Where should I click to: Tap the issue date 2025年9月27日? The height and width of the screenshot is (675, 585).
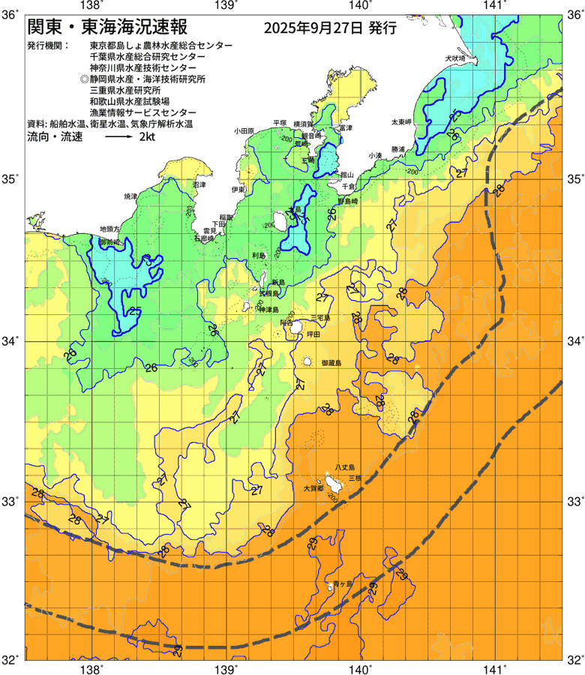313,29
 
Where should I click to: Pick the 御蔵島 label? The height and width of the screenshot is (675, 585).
331,362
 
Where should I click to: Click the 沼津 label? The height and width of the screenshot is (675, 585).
198,184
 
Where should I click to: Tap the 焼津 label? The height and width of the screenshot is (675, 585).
130,196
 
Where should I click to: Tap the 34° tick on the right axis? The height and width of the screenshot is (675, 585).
574,341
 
